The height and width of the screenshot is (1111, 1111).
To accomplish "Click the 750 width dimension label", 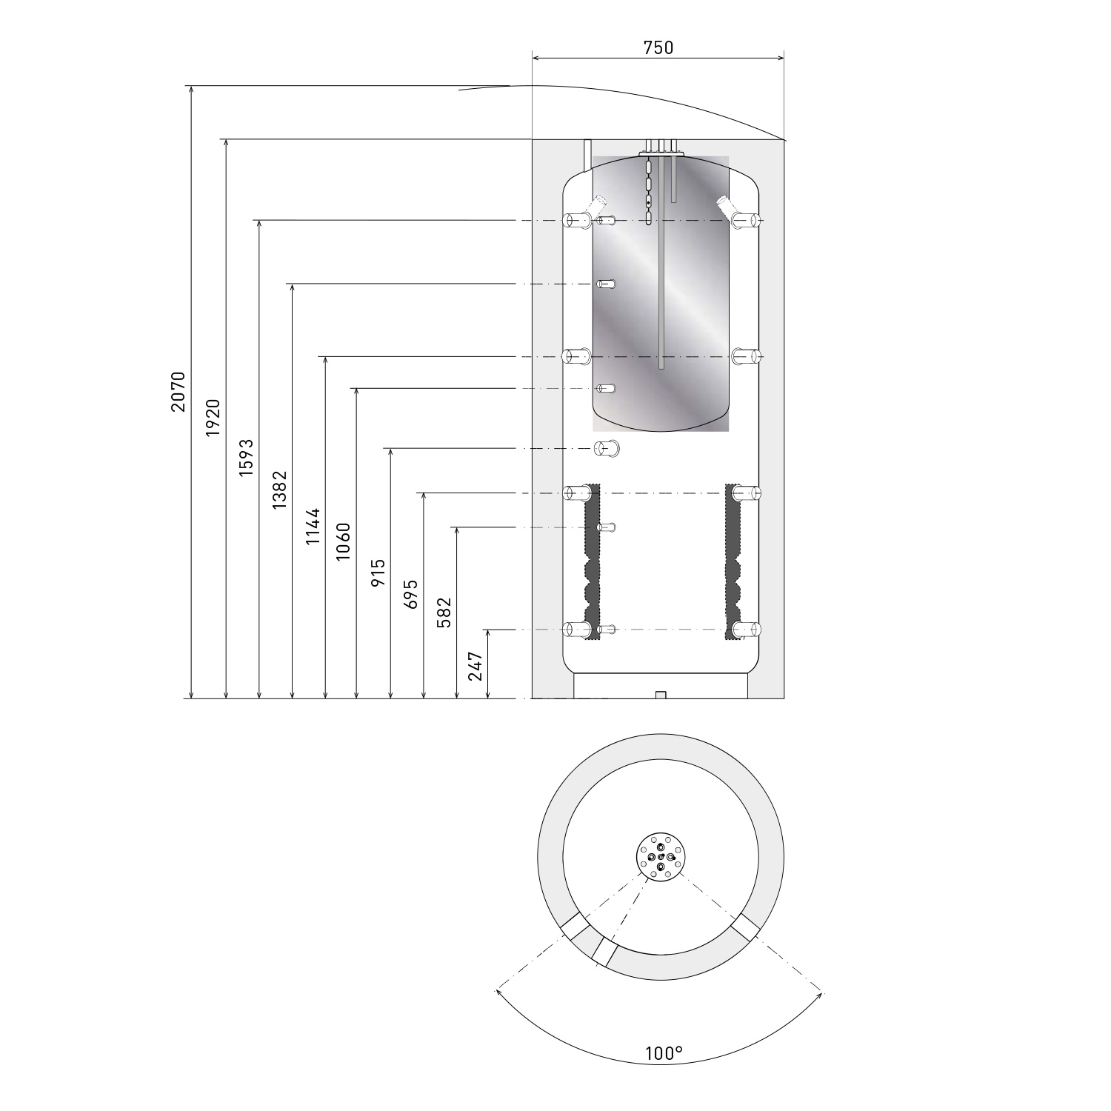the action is click(x=658, y=47).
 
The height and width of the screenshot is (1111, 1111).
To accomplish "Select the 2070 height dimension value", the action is click(x=178, y=391).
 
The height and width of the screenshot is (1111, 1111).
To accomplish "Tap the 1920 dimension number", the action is click(x=213, y=417).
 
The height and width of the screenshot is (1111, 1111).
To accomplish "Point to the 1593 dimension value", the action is click(x=245, y=458).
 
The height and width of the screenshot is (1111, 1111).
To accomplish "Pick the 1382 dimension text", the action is click(x=279, y=490).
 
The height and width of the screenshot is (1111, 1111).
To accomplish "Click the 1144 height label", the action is click(x=313, y=527).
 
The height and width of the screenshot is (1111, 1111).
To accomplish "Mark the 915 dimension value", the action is click(x=378, y=573).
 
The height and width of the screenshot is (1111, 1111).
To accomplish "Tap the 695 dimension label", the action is click(x=411, y=594).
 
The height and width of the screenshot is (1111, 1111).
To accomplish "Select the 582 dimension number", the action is click(x=444, y=613).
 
